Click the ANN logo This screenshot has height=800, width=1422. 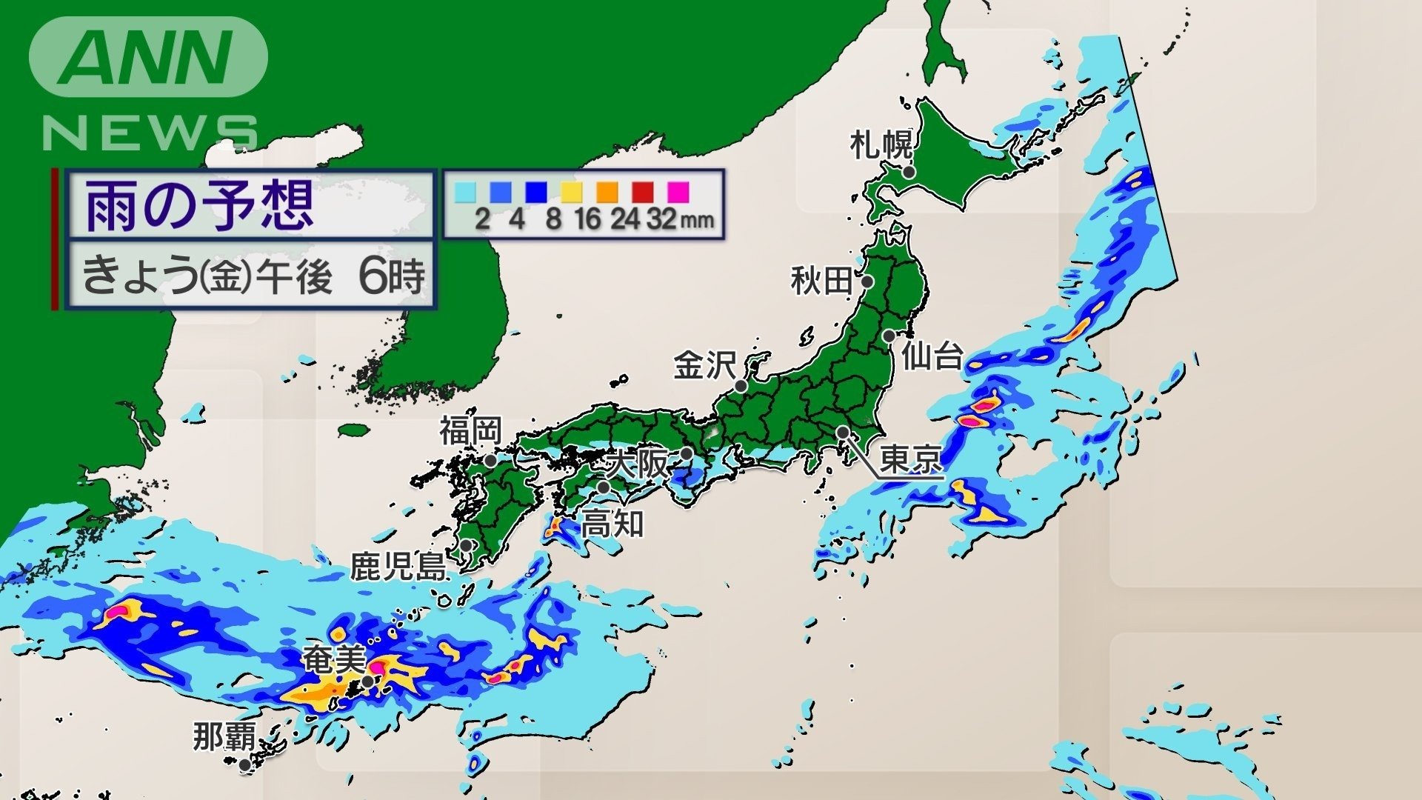coord(148,57)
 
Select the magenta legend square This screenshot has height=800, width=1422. coord(678,192)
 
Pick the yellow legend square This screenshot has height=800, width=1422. coord(571,192)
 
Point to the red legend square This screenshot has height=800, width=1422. coord(643,192)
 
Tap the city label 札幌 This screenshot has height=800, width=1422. coord(881,144)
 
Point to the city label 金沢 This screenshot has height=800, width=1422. coord(704,366)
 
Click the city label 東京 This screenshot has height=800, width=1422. coord(911,459)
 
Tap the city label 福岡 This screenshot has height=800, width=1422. coord(471,430)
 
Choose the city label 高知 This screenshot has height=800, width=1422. coord(612,524)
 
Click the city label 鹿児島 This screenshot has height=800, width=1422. coord(398,567)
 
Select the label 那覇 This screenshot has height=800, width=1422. coord(224,737)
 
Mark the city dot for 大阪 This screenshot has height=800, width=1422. coord(687,453)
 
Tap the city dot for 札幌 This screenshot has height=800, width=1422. coord(909,172)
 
